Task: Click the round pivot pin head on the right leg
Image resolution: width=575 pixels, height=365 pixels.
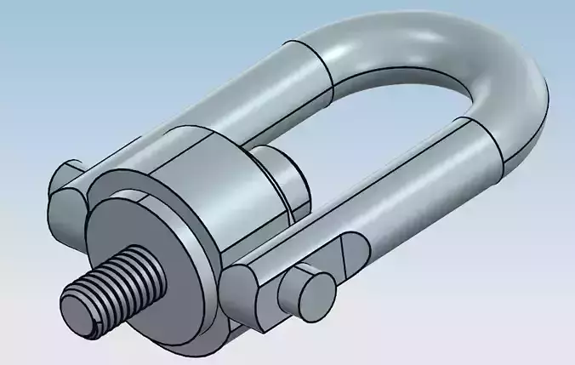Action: pyautogui.click(x=306, y=292)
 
